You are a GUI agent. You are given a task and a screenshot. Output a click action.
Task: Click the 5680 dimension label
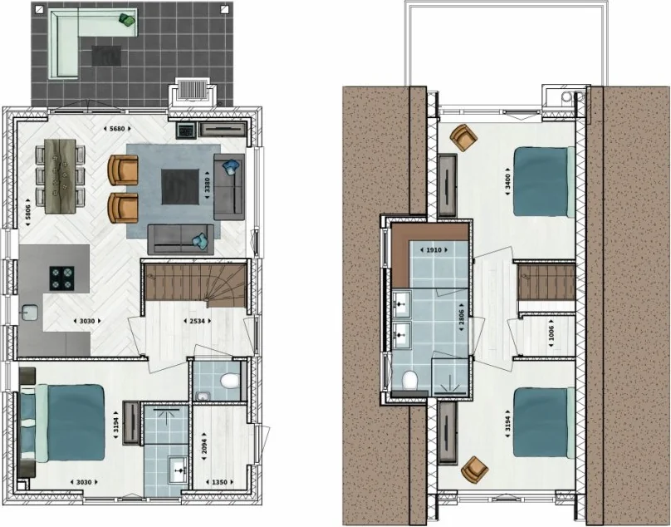(x=117, y=129)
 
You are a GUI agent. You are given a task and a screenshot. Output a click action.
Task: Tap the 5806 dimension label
(x=27, y=212)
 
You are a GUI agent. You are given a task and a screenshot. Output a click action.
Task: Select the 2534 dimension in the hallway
(x=197, y=321)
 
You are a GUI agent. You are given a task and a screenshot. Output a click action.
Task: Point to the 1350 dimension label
(x=219, y=482)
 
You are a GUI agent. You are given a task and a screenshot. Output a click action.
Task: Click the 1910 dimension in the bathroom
(x=433, y=250)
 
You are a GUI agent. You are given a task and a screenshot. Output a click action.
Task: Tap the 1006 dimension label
(x=551, y=333)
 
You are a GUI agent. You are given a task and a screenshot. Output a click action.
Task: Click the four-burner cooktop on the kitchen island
(x=61, y=278)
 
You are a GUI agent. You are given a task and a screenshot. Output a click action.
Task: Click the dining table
(x=60, y=175)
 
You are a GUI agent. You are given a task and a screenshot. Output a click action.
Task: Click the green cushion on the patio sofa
(x=127, y=20)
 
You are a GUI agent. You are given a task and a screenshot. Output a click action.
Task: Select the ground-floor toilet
(x=230, y=381)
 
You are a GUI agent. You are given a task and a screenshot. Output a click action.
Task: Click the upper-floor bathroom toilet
(x=409, y=380)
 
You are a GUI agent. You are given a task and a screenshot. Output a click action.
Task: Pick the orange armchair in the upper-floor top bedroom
(x=463, y=137)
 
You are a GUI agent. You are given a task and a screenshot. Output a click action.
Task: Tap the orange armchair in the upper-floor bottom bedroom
(x=474, y=469)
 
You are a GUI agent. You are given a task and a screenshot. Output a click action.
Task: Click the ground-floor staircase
(x=195, y=283)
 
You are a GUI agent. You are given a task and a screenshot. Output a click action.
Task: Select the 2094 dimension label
(x=204, y=449)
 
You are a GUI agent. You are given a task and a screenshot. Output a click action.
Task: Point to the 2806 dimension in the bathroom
(x=462, y=321)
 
